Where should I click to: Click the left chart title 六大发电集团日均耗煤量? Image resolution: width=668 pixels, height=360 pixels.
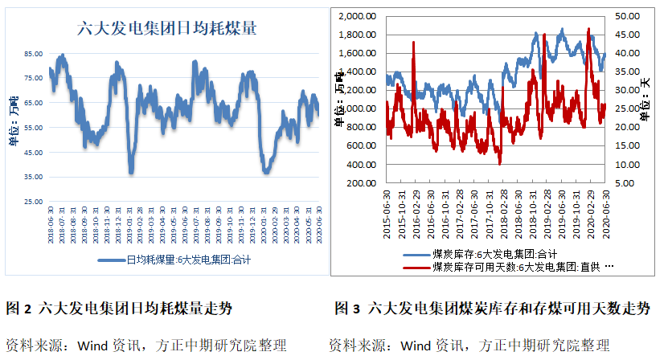pos(166,28)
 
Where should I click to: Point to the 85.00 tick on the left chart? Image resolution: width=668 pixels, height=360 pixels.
pos(34,54)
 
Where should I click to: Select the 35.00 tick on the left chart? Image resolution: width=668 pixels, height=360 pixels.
pos(34,177)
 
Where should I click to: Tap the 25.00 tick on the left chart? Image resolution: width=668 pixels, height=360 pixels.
pos(34,202)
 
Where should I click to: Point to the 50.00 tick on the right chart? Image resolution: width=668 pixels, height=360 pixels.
pos(629,16)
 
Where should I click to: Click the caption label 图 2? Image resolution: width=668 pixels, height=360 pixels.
pos(18,309)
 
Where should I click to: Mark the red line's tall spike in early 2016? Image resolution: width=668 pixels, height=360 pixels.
pos(414,44)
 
